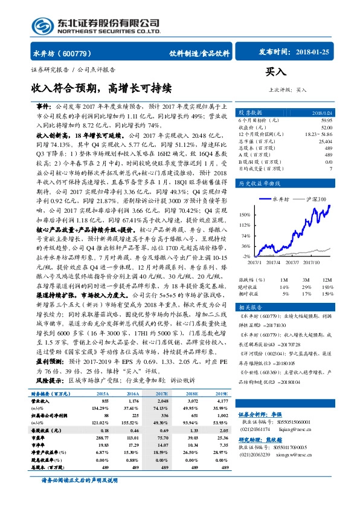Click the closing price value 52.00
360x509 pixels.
(x=326, y=126)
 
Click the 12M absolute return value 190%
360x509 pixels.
(x=327, y=286)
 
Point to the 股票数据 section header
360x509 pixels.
(x=251, y=113)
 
